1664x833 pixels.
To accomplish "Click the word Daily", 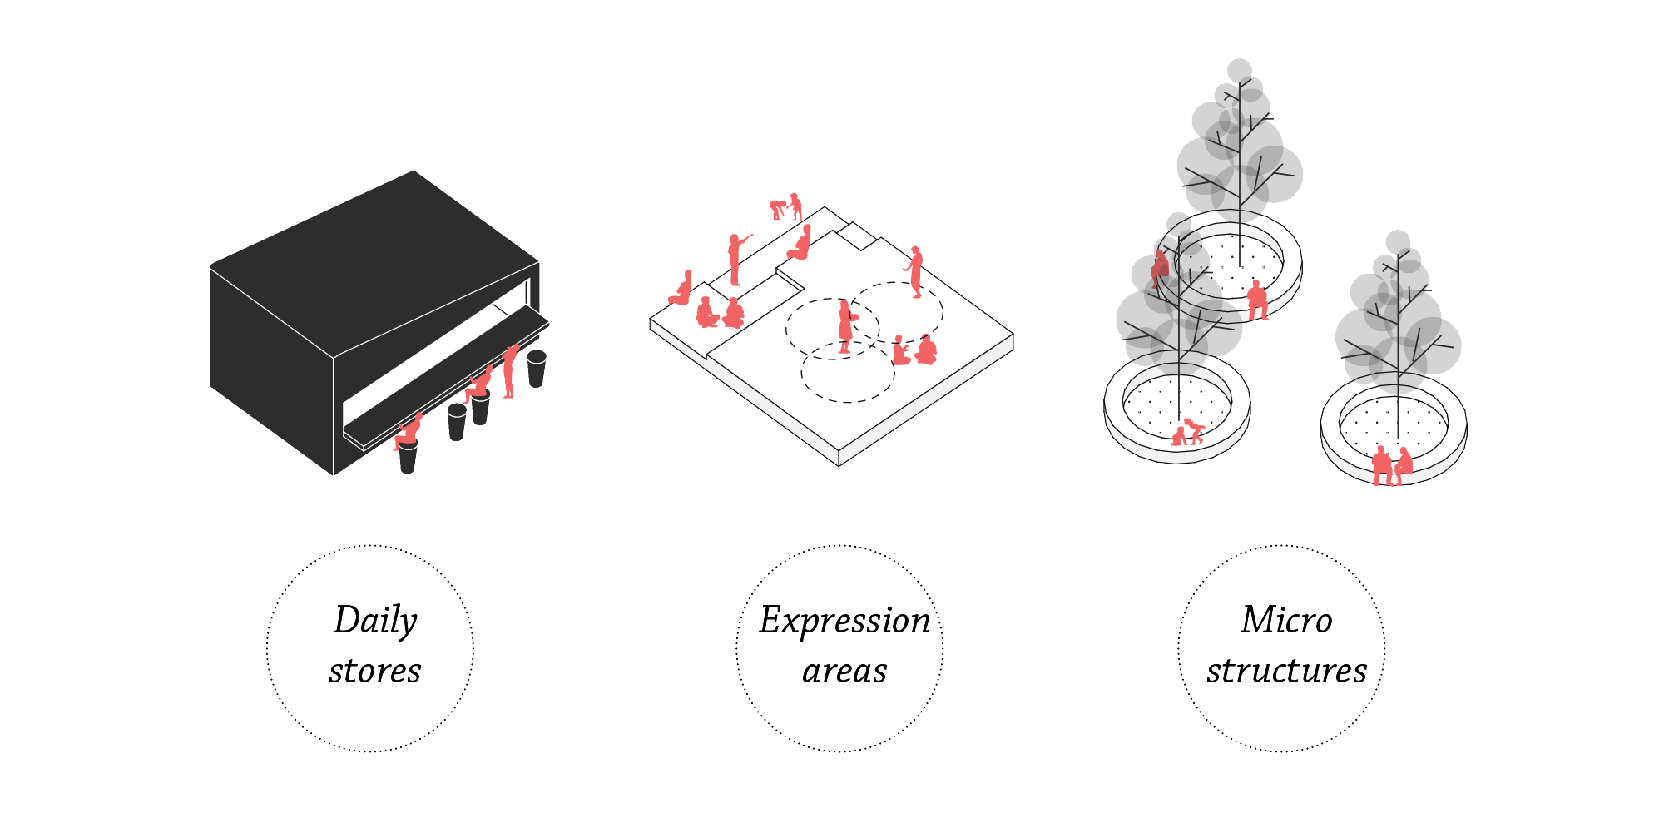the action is click(x=375, y=621).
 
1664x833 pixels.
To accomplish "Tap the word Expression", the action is click(x=844, y=621).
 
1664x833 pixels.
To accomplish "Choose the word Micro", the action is click(x=1286, y=620).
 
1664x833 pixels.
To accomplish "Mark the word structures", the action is click(x=1286, y=671).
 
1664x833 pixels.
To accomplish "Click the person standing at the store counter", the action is click(x=510, y=371).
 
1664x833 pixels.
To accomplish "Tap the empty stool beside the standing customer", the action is click(x=537, y=369).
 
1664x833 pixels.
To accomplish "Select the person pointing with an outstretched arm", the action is click(x=736, y=259).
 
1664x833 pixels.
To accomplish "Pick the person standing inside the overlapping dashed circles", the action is click(x=845, y=327).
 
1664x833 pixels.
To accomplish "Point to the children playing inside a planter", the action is click(x=1188, y=431).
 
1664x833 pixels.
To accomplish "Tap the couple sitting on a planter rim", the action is click(x=1392, y=466).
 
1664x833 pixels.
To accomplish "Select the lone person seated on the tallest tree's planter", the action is click(x=1257, y=300).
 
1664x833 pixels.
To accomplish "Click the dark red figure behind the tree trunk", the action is click(x=1160, y=265).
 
